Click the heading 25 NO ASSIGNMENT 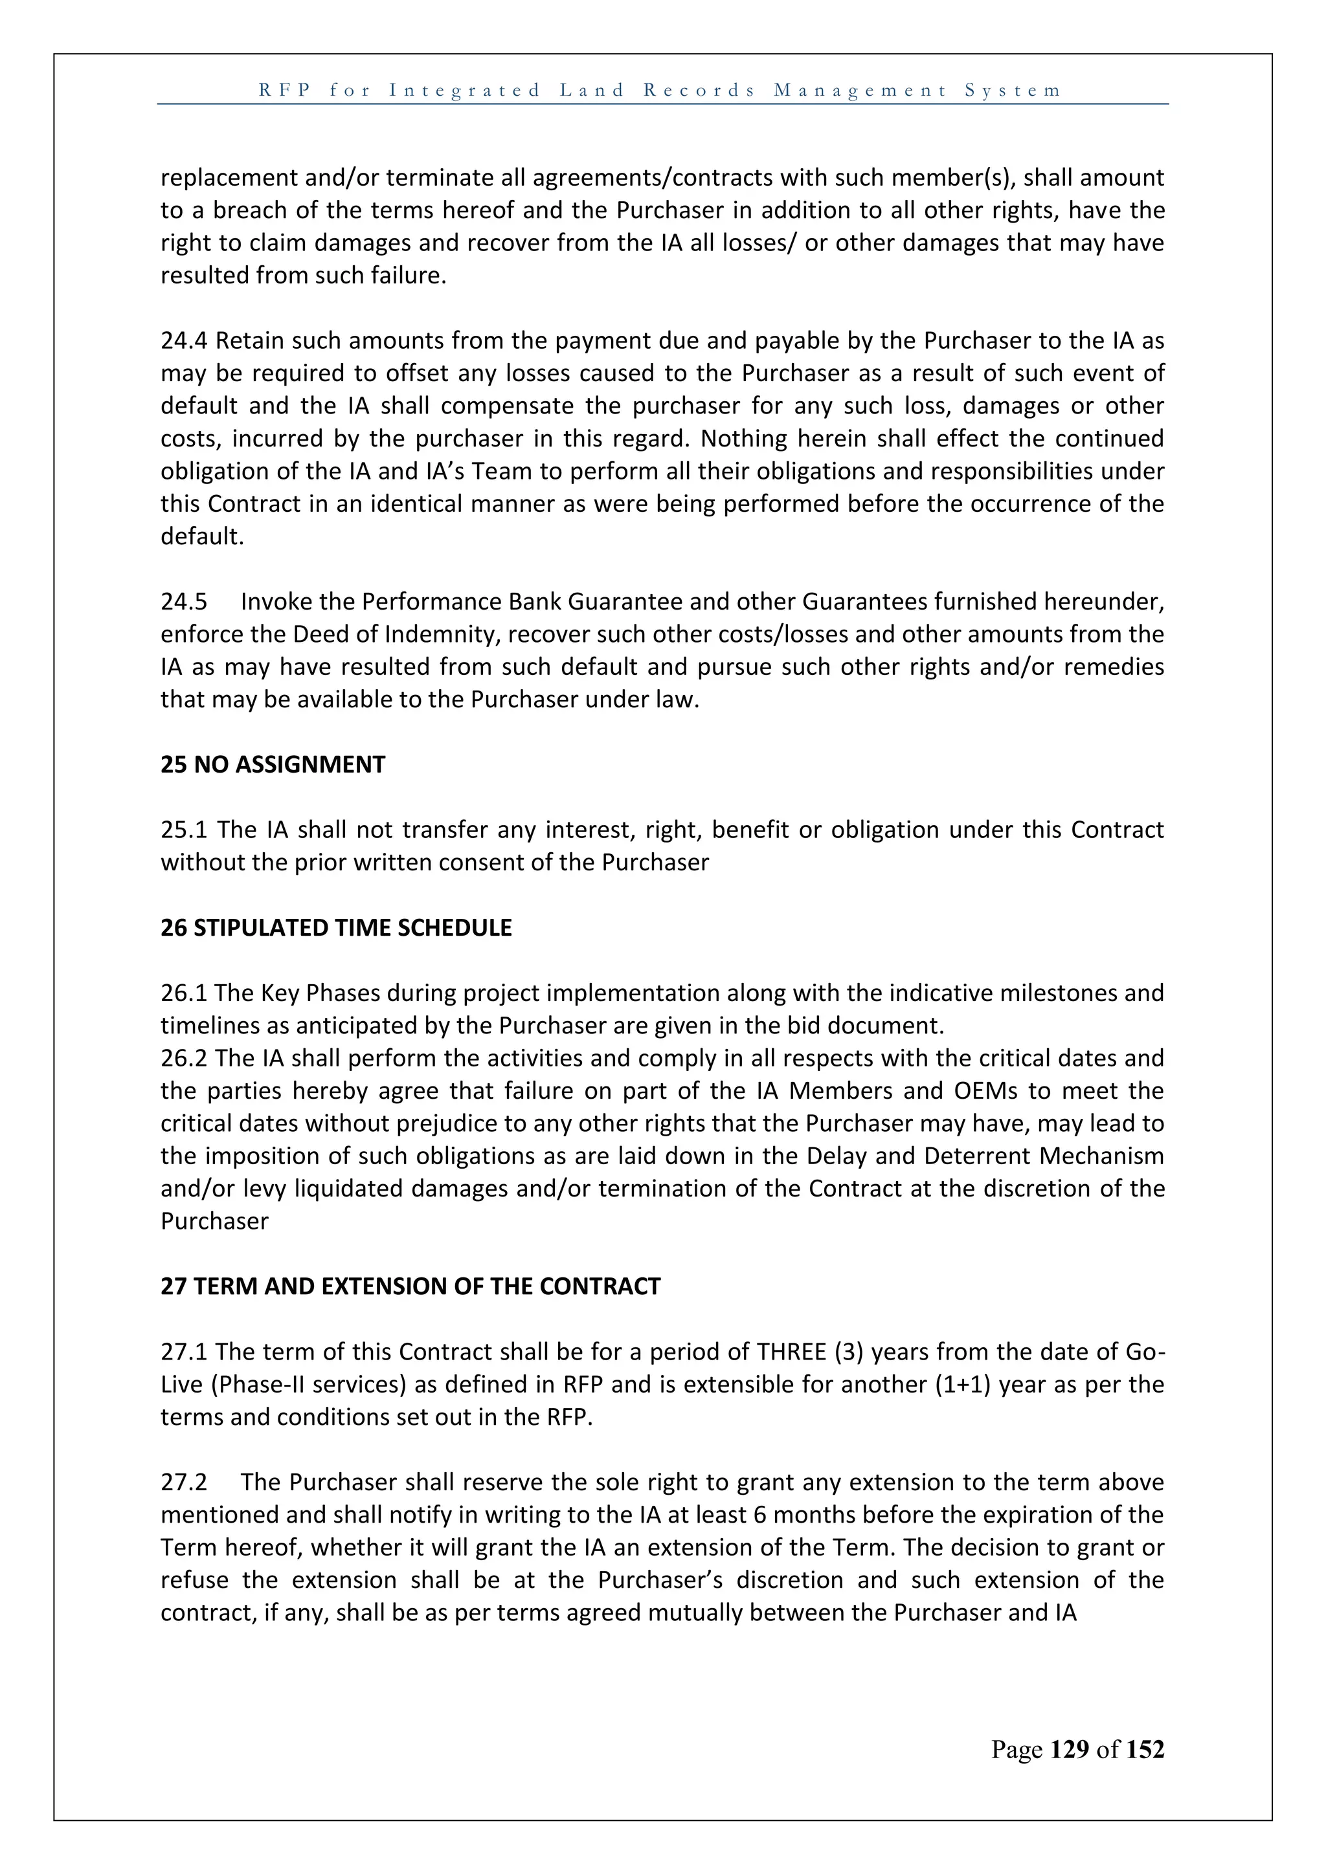(x=273, y=765)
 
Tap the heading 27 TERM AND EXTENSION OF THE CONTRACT (x=410, y=1286)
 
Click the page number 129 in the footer (x=1070, y=1749)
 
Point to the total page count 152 (x=1145, y=1749)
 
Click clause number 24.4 (x=185, y=340)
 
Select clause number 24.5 (x=184, y=602)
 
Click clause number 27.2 (x=184, y=1483)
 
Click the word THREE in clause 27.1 (x=791, y=1352)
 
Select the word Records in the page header (x=700, y=90)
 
